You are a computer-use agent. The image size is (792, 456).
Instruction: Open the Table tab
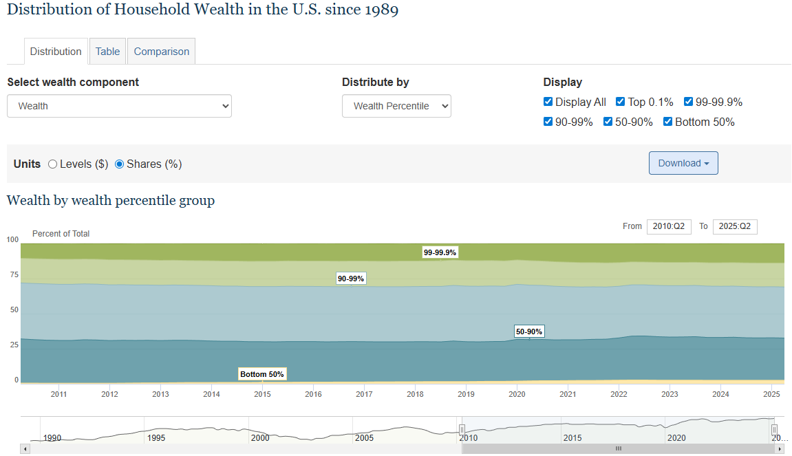click(107, 52)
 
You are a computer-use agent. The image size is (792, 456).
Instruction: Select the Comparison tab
click(162, 52)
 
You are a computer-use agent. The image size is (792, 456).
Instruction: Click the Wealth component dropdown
click(119, 106)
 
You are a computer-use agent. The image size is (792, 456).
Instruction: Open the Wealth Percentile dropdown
click(396, 106)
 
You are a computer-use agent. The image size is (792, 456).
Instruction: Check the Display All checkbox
click(548, 102)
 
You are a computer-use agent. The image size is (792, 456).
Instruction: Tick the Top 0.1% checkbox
click(621, 102)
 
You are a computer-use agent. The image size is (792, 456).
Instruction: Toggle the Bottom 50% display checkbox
click(668, 122)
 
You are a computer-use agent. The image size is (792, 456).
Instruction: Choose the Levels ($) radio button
click(53, 164)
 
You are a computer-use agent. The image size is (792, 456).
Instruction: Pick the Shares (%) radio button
click(120, 164)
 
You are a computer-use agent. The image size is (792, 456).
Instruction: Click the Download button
click(683, 163)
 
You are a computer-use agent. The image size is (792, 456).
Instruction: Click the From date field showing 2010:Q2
click(669, 226)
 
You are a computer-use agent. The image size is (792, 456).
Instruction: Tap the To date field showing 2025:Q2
click(735, 226)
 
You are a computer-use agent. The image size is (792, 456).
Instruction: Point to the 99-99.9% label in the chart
click(440, 252)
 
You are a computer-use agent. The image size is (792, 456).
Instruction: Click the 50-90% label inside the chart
click(529, 332)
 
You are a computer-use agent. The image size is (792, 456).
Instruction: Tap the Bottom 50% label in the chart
click(262, 374)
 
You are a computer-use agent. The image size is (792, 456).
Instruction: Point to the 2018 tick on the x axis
click(415, 394)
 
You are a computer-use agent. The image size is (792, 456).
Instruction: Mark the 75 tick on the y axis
click(13, 274)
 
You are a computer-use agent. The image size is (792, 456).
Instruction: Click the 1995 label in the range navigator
click(156, 438)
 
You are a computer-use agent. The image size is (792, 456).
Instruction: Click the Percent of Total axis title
click(61, 234)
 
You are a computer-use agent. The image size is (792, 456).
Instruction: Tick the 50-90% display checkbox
click(608, 122)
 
